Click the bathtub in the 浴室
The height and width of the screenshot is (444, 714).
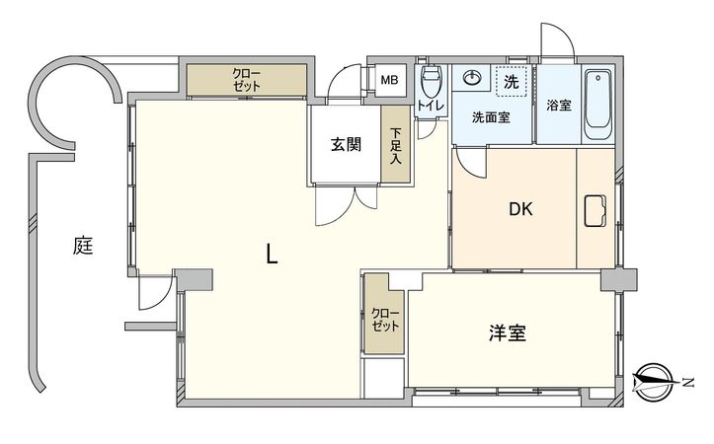(598, 104)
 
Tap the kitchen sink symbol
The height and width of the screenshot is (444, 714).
(597, 211)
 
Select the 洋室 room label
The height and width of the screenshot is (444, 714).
(507, 333)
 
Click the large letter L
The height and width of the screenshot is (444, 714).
(273, 256)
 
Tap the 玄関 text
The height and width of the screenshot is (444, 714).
(346, 144)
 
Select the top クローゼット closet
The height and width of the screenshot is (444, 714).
(247, 80)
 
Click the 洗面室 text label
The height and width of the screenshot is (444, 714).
(491, 117)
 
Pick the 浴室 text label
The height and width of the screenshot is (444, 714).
(558, 106)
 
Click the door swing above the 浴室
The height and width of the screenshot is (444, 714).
(556, 41)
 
